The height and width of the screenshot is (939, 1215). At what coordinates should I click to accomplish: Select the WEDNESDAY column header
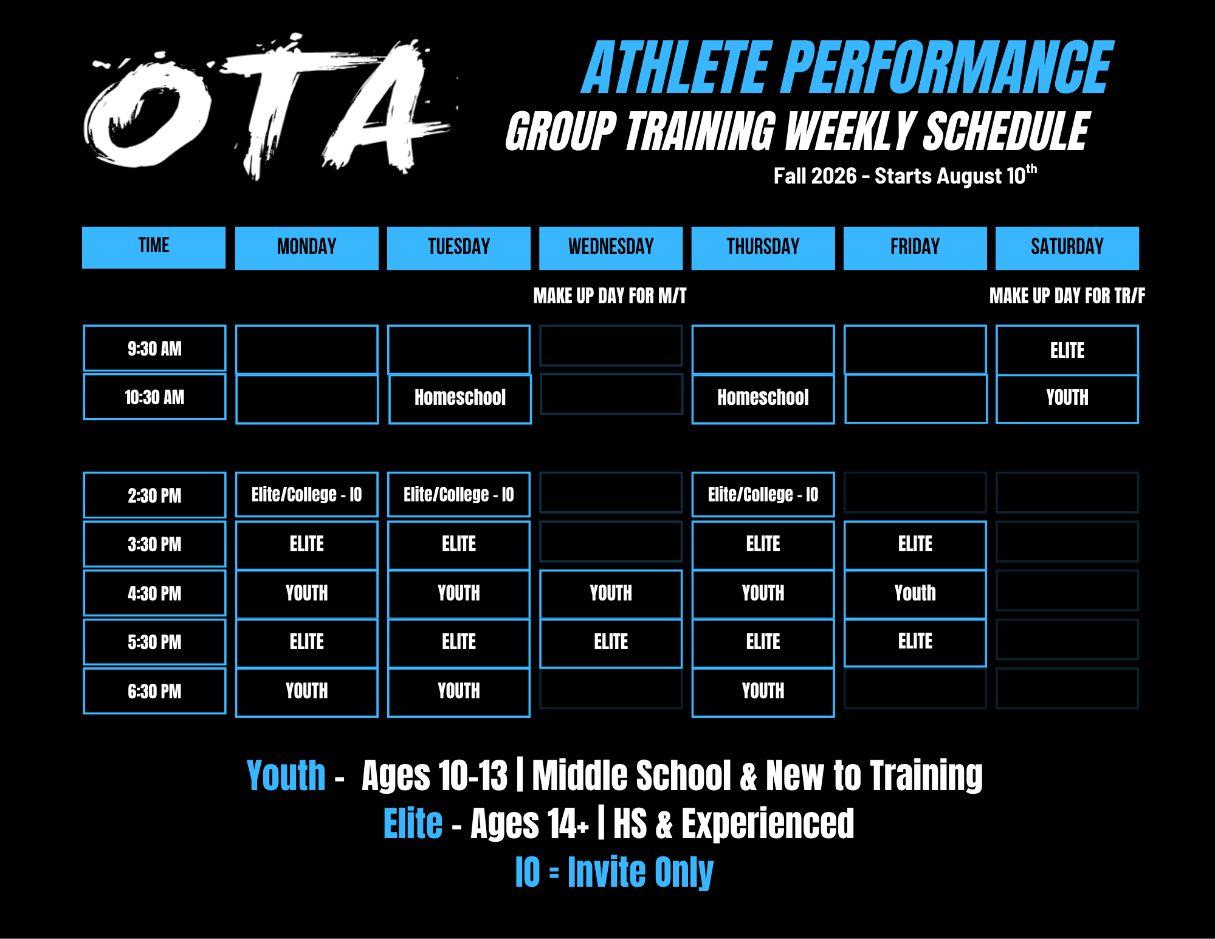tap(611, 247)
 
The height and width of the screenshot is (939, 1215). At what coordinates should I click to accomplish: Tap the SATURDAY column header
tap(1067, 247)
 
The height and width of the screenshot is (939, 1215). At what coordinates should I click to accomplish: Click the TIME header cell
tap(154, 247)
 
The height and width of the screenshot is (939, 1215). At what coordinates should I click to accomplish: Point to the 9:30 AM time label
tap(154, 348)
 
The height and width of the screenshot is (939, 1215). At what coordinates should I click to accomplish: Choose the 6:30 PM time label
tap(154, 691)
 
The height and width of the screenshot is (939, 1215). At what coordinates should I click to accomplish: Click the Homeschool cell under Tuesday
tap(460, 398)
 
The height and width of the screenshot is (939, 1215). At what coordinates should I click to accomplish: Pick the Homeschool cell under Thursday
tap(763, 398)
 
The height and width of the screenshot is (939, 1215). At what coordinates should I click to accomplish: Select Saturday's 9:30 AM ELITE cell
tap(1067, 350)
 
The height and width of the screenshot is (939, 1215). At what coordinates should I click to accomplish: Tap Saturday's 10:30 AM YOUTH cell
tap(1067, 398)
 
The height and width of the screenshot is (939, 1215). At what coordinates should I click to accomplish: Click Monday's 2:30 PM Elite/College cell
tap(306, 495)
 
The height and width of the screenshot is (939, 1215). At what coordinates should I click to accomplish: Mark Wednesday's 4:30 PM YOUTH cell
tap(611, 593)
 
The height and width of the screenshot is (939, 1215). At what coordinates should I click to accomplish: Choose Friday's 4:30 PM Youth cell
tap(915, 593)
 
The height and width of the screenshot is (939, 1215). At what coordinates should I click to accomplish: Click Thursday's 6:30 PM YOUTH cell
tap(763, 692)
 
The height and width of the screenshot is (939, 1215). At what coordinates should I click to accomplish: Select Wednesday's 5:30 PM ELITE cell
tap(611, 642)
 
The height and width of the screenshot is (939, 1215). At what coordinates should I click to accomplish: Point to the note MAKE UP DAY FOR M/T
tap(610, 296)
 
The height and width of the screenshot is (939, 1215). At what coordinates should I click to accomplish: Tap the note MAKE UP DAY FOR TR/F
tap(1067, 296)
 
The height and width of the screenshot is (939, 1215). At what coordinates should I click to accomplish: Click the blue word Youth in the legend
tap(286, 776)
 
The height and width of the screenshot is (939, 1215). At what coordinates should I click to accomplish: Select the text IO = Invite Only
tap(614, 872)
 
